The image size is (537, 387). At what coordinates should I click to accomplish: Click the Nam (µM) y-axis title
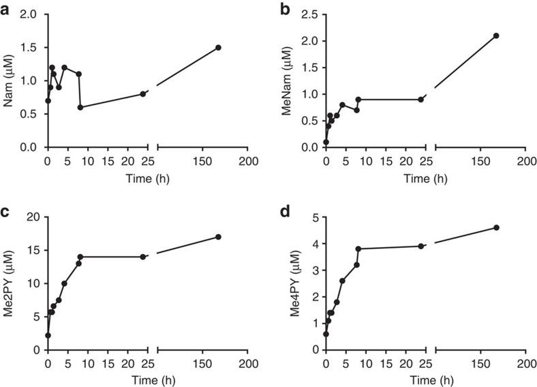point(9,81)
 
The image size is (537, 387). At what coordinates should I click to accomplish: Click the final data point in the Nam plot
point(218,47)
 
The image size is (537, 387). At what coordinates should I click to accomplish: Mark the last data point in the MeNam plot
point(496,35)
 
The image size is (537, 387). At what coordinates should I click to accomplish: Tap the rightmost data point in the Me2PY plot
point(218,237)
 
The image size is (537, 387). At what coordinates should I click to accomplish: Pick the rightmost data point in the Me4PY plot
point(496,227)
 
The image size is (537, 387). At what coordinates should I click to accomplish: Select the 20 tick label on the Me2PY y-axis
point(34,217)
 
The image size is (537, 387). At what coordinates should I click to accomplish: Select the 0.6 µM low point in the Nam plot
point(80,107)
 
